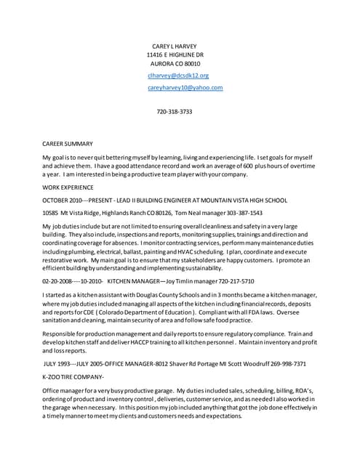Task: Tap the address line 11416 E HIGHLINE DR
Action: [x=175, y=54]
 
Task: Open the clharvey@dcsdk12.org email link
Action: [x=178, y=76]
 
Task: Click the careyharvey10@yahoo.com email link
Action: [x=185, y=87]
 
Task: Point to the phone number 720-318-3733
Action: [x=175, y=112]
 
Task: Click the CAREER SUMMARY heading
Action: [x=68, y=143]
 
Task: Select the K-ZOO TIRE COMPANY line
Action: [x=73, y=376]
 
